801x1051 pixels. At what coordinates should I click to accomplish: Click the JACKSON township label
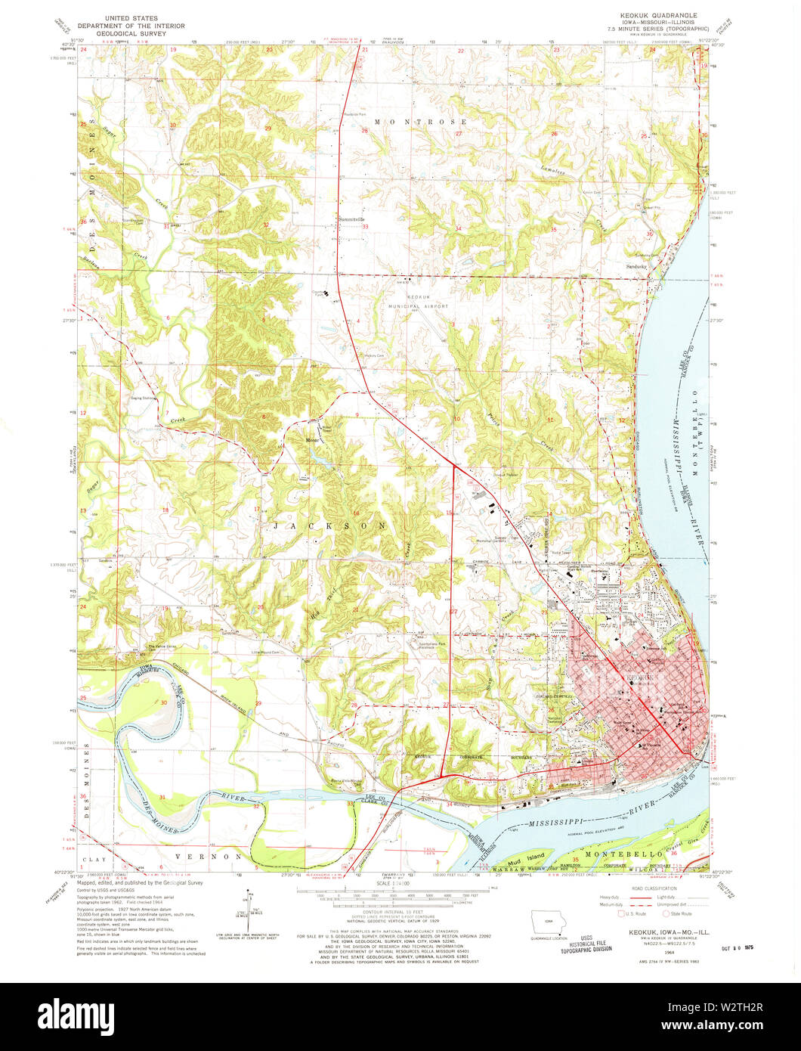point(328,525)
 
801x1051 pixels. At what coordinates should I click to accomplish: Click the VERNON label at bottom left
point(218,856)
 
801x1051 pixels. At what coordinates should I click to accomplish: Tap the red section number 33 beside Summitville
point(364,227)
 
